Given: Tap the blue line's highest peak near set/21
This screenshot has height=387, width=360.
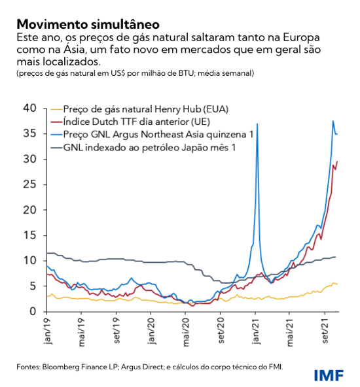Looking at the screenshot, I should point(333,121).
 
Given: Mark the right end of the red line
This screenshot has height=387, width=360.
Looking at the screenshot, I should point(338,161).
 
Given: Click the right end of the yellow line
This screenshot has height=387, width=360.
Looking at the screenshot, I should point(338,284).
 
